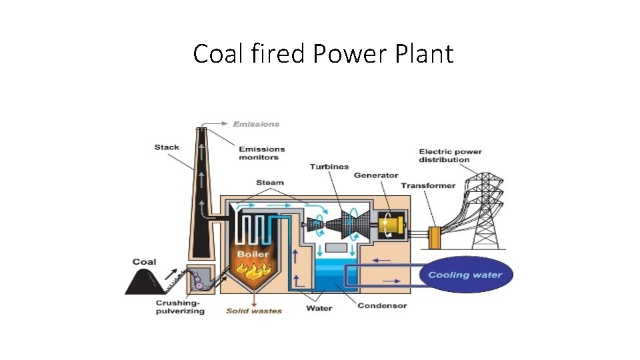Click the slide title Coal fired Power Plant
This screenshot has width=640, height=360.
(323, 54)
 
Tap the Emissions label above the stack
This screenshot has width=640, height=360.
(256, 124)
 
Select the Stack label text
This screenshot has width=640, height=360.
(167, 147)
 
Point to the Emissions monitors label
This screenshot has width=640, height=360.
(261, 153)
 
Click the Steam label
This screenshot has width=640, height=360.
(269, 183)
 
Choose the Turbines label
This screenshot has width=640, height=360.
(329, 167)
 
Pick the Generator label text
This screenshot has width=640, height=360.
(376, 175)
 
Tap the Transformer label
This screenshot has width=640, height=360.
(428, 186)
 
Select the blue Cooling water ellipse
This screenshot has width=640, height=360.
(466, 275)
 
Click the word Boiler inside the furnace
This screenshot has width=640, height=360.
(253, 254)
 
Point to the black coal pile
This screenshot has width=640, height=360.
(144, 281)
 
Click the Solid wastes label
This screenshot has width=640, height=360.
(254, 311)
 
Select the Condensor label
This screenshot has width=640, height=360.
(382, 306)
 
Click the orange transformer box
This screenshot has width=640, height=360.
(435, 236)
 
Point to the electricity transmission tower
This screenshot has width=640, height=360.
(485, 207)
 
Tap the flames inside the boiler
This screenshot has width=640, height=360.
(253, 270)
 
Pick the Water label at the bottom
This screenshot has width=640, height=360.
(319, 308)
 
